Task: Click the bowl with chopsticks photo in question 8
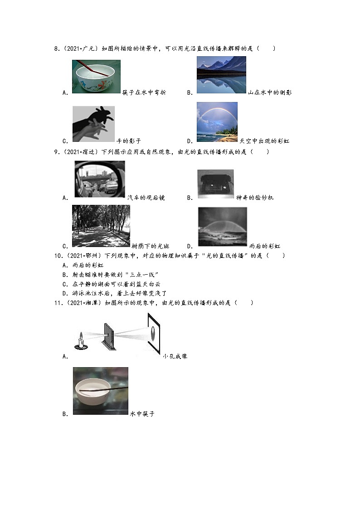pos(96,76)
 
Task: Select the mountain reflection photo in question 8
pos(221,75)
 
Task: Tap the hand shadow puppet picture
pos(93,124)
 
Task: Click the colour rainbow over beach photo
pos(217,122)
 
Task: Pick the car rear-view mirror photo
pos(99,179)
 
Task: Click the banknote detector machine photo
pos(215,184)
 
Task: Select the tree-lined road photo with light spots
pos(101,226)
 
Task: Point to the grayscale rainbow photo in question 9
pos(222,227)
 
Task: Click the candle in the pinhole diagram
pos(81,340)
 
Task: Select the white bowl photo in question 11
pos(100,390)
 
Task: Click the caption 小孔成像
pos(175,356)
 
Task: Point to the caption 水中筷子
pos(142,414)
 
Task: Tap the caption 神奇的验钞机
pos(255,198)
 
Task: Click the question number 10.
pos(58,256)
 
